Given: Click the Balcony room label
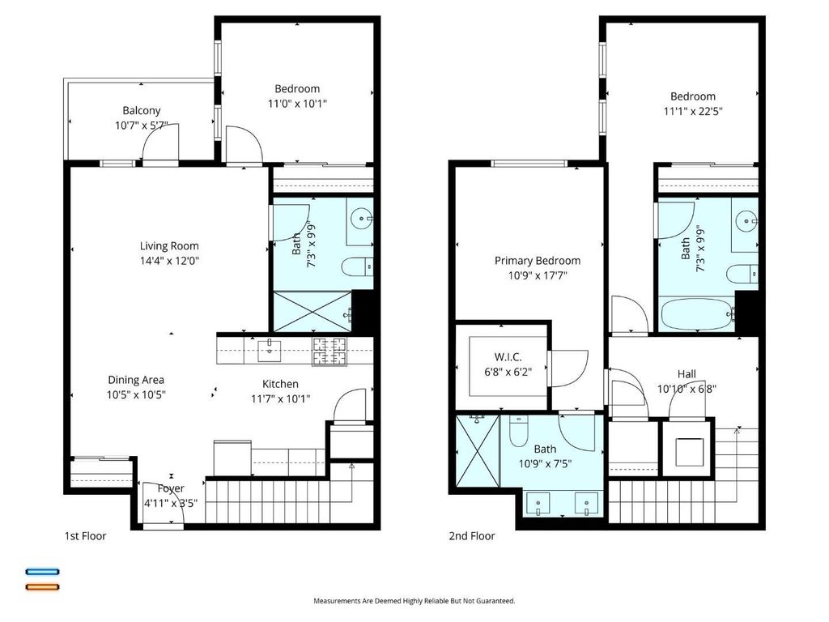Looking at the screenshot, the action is tap(141, 110).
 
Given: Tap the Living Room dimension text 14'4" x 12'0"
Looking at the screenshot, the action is tap(169, 261).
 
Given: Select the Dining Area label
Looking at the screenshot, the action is tap(136, 380).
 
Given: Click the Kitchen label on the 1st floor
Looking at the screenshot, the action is tap(280, 384).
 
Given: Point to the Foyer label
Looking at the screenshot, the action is tap(171, 488).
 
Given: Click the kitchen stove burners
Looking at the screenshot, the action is tap(330, 351).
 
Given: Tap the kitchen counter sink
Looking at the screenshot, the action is tap(269, 350).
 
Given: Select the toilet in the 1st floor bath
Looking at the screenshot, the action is tap(357, 266).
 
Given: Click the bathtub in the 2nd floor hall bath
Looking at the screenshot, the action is tap(697, 315).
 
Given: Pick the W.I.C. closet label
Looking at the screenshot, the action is tap(508, 357).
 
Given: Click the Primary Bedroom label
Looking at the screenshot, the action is tap(538, 261).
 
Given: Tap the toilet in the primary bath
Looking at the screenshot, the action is tap(517, 431).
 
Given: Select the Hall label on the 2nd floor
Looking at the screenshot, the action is tap(687, 374).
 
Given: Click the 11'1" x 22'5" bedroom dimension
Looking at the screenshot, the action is tap(693, 111).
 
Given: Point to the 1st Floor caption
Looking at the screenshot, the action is tap(85, 536).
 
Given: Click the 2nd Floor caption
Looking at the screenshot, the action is tap(472, 536).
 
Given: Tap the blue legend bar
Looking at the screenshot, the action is tap(43, 572).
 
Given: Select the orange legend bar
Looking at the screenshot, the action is tap(43, 586).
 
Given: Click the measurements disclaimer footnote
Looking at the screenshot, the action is tap(414, 601).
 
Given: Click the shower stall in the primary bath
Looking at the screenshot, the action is tap(478, 450).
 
